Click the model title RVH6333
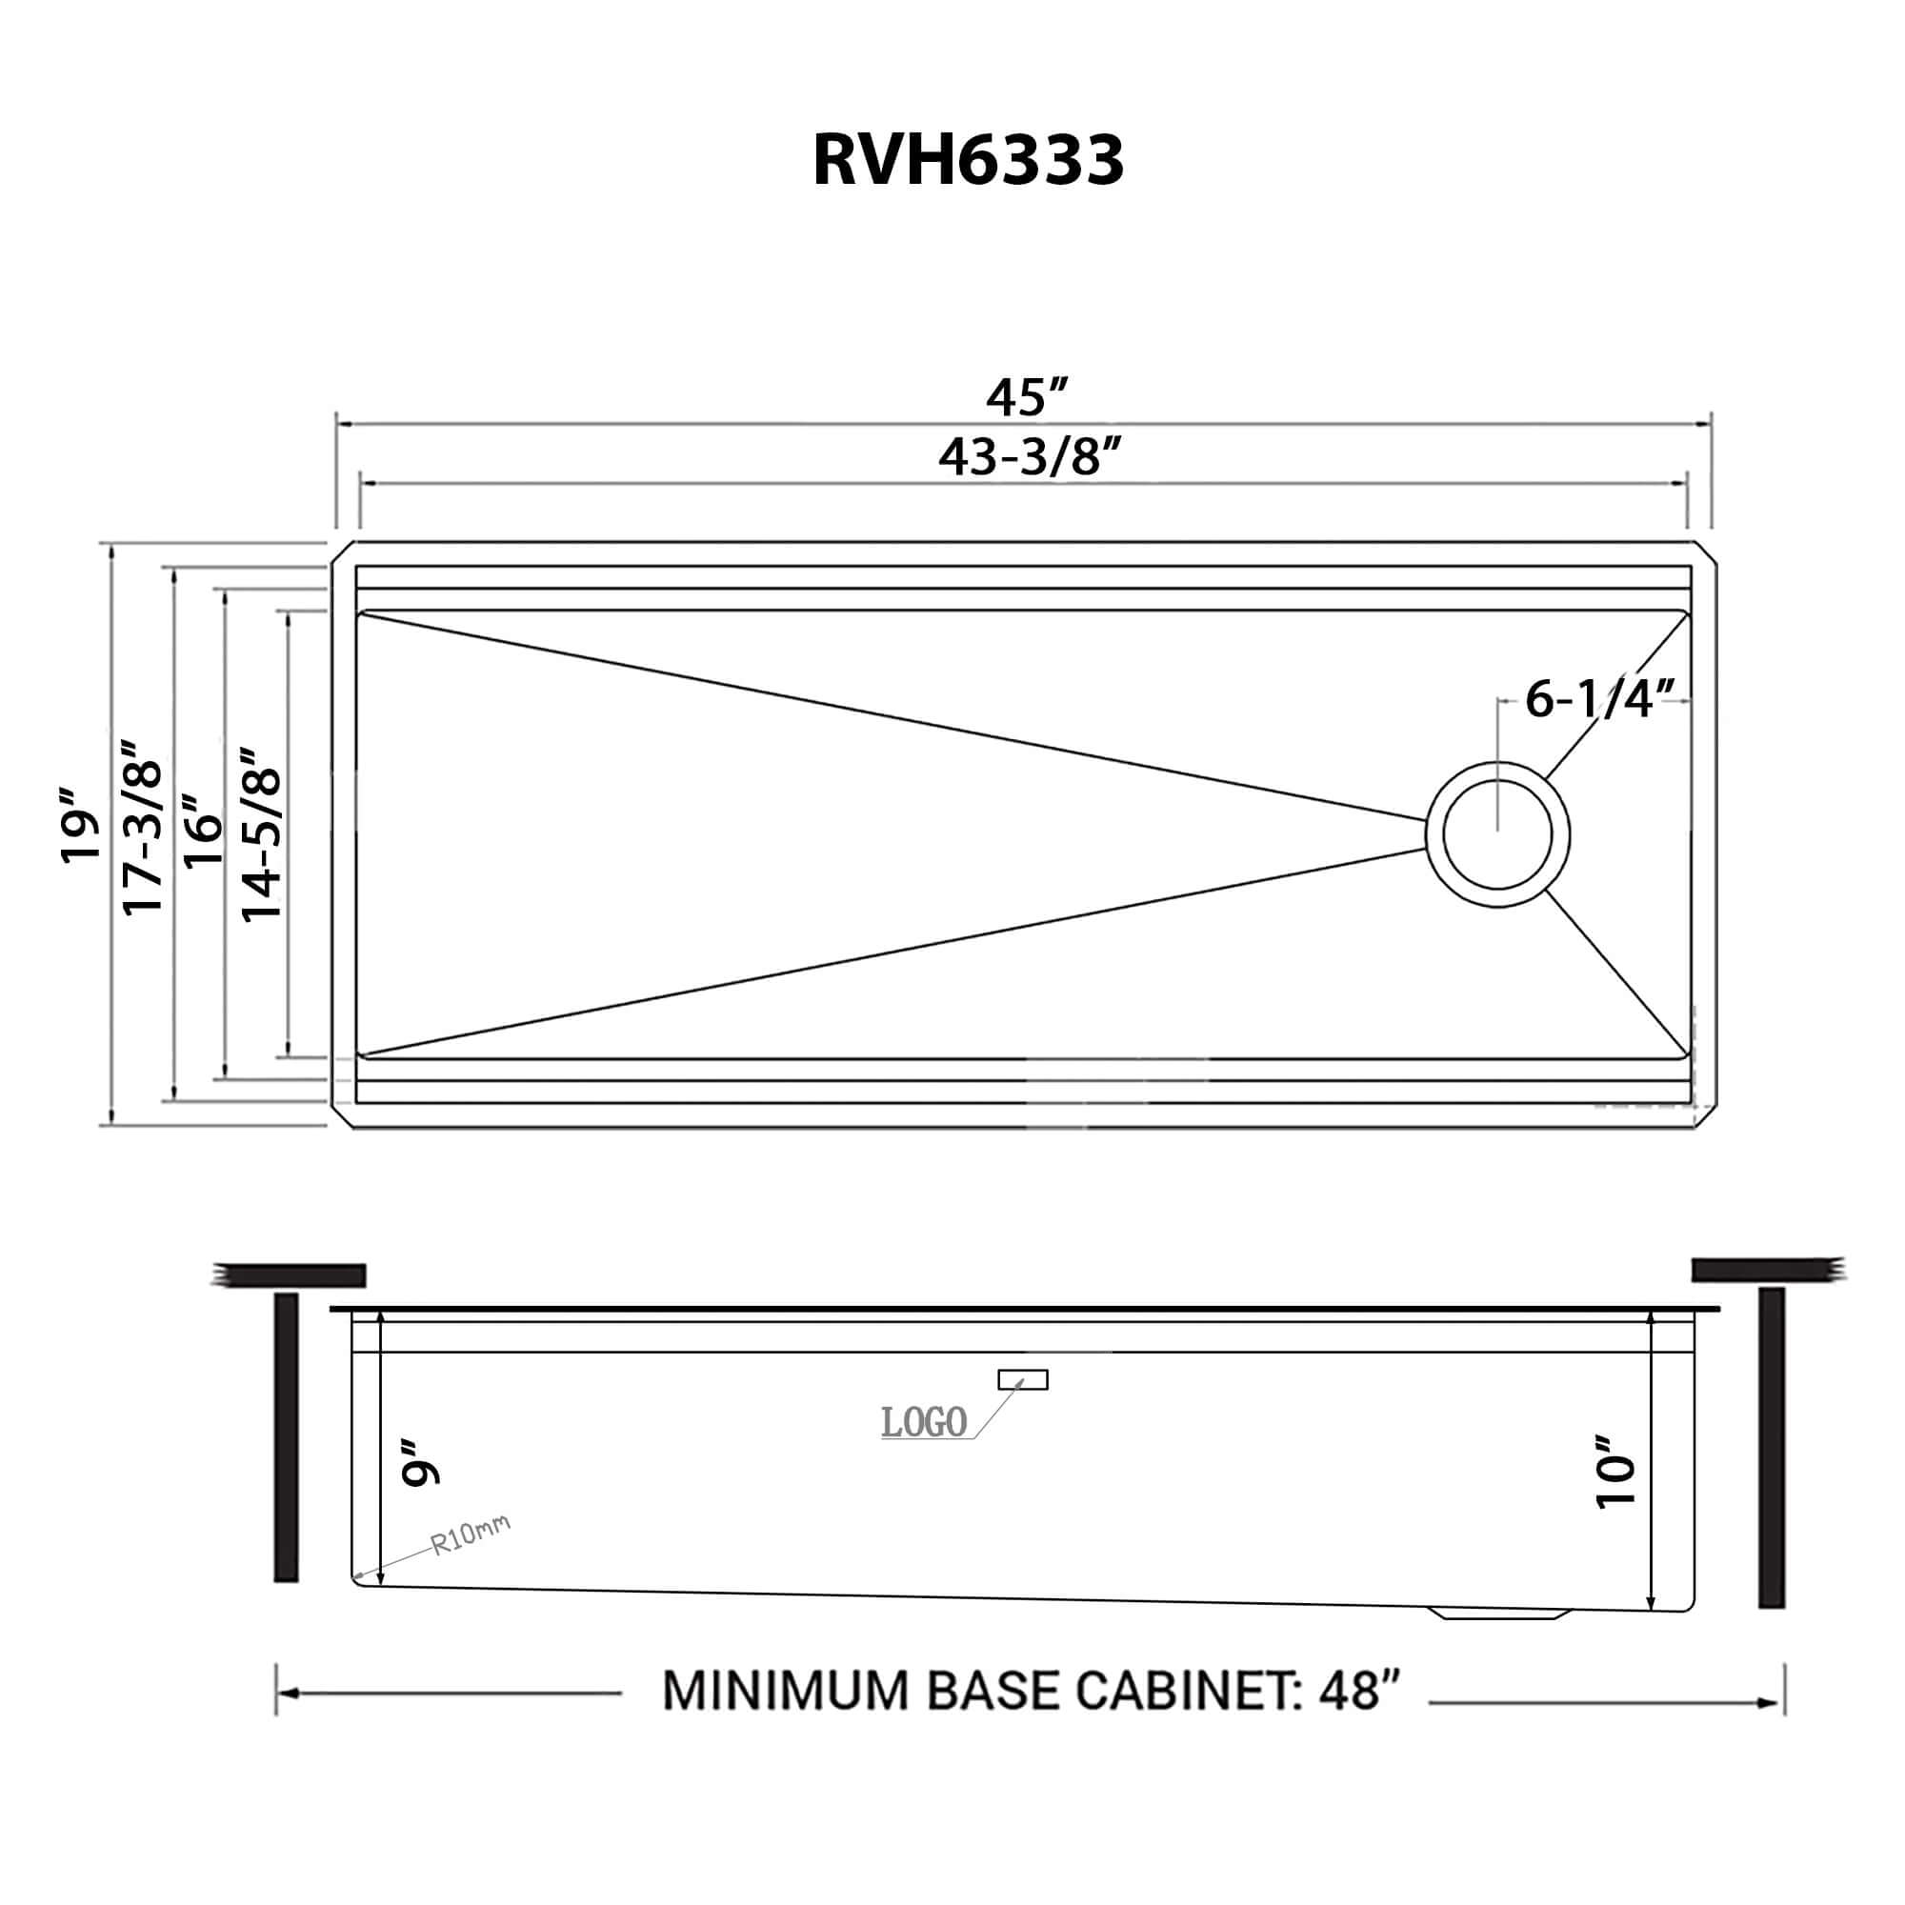tap(968, 160)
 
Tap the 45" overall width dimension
tap(1028, 397)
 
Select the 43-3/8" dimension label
tap(1031, 457)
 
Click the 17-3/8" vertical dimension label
tap(141, 830)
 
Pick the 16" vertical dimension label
tap(204, 832)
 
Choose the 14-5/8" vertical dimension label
tap(262, 834)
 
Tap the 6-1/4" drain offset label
tap(1599, 699)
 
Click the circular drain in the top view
tap(1496, 834)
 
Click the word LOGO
tap(923, 1423)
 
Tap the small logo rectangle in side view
tap(1022, 1379)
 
